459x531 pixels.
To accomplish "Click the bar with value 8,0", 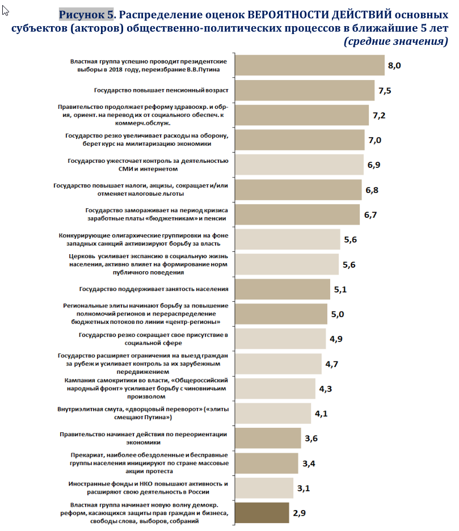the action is pyautogui.click(x=310, y=65).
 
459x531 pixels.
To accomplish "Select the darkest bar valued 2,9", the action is pyautogui.click(x=262, y=513).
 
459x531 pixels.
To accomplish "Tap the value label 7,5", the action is pyautogui.click(x=385, y=90).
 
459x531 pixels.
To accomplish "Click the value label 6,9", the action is pyautogui.click(x=374, y=165).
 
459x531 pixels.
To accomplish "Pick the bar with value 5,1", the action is pyautogui.click(x=283, y=289).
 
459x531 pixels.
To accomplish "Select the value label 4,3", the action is pyautogui.click(x=326, y=389).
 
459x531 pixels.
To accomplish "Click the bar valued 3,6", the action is pyautogui.click(x=268, y=438).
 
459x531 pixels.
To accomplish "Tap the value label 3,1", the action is pyautogui.click(x=304, y=488).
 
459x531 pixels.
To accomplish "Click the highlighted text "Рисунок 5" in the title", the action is pyautogui.click(x=86, y=15).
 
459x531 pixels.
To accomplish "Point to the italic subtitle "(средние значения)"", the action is pyautogui.click(x=395, y=41).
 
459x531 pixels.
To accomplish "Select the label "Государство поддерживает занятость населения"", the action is pyautogui.click(x=154, y=289).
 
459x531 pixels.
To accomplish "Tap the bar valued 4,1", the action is pyautogui.click(x=273, y=413).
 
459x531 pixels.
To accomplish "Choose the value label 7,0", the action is pyautogui.click(x=375, y=140).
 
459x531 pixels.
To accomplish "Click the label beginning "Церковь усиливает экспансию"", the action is pyautogui.click(x=149, y=264).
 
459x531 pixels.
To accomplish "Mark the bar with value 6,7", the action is pyautogui.click(x=297, y=214).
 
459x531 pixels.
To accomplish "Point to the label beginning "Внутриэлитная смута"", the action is pyautogui.click(x=143, y=413).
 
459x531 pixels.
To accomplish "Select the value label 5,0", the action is pyautogui.click(x=338, y=314).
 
